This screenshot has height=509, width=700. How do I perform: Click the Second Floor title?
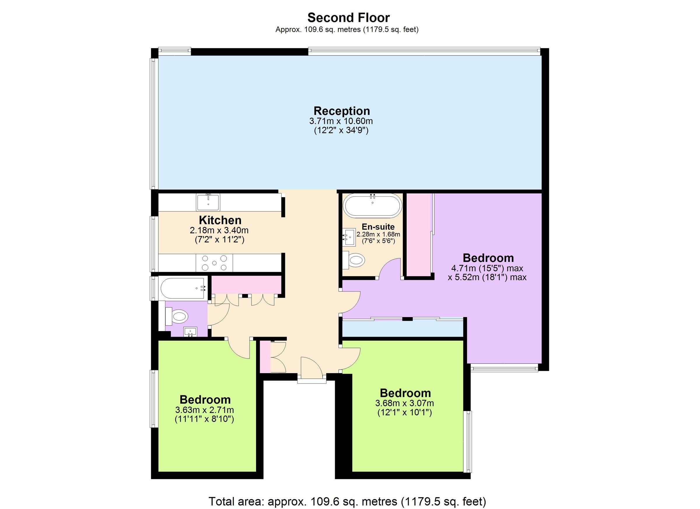(x=349, y=18)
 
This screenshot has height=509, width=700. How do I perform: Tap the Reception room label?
(x=342, y=111)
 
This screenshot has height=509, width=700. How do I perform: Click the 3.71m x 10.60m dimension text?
(x=341, y=121)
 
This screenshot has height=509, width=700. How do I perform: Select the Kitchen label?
(x=220, y=220)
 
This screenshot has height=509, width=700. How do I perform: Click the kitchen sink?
(x=208, y=202)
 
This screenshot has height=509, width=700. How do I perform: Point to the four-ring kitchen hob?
(x=214, y=263)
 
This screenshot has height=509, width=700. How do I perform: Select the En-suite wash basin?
(x=349, y=237)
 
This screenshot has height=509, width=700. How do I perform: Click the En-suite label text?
(x=378, y=227)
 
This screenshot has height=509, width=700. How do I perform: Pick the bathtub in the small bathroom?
(x=184, y=288)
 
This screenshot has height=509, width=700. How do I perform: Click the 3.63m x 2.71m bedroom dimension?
(x=204, y=410)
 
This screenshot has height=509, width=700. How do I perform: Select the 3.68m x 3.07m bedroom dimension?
(x=404, y=403)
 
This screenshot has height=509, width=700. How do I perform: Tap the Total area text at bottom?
(x=347, y=501)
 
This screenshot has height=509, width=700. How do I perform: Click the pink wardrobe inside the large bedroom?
(x=418, y=235)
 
